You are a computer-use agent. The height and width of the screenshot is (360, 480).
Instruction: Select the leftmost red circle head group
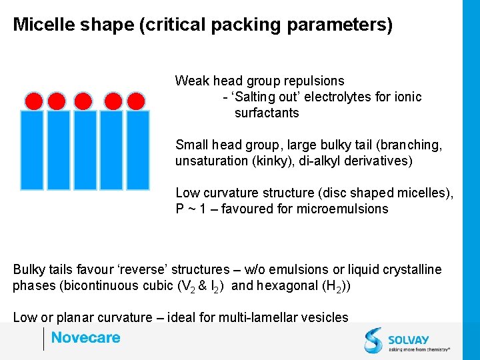coord(34,101)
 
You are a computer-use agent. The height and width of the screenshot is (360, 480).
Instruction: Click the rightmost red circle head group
coord(136,101)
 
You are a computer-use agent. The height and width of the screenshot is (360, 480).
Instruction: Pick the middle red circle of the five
coord(83,101)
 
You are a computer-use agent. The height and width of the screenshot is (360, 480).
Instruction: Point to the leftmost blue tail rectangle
coord(32,149)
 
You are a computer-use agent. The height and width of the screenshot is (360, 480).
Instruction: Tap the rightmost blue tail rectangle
coord(137,149)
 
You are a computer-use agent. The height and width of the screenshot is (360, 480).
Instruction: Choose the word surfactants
coord(267,113)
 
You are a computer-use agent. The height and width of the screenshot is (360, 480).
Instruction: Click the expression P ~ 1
coord(191,209)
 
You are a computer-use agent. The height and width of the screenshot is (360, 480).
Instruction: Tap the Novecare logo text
coord(85,338)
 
